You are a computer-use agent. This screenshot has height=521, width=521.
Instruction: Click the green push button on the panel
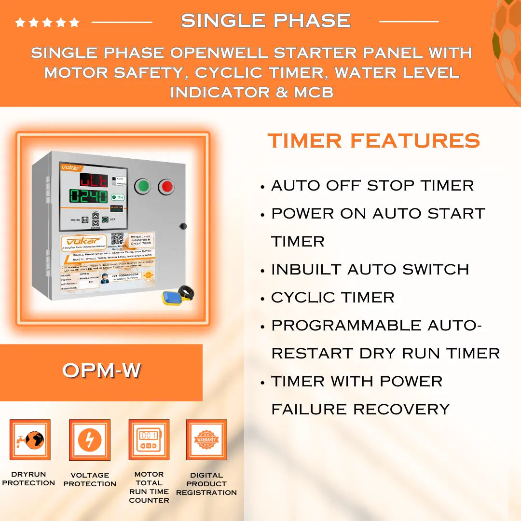142,186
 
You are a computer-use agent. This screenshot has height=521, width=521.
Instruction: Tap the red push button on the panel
166,186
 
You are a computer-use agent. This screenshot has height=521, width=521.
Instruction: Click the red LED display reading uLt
94,180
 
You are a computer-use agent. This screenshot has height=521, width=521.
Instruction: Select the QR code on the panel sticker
117,239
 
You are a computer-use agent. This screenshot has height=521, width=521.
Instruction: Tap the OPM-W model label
101,370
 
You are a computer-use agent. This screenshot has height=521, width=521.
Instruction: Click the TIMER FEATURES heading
373,141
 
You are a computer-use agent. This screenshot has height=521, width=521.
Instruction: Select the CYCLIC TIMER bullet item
332,298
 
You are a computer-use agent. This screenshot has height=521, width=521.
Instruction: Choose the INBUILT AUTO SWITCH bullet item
370,270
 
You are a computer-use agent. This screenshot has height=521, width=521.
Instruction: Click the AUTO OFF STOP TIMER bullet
372,186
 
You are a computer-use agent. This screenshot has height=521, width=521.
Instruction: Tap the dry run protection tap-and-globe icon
30,440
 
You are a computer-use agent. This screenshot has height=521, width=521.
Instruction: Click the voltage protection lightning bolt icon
90,440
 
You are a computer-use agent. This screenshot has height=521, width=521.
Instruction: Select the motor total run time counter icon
149,440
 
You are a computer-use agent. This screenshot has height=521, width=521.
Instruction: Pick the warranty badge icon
206,440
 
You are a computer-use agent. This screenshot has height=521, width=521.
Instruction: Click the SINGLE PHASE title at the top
265,21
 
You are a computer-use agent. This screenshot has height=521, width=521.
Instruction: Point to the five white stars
47,22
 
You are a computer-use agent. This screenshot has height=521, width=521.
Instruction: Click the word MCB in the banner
314,92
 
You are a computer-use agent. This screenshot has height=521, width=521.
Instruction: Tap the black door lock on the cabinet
183,226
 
